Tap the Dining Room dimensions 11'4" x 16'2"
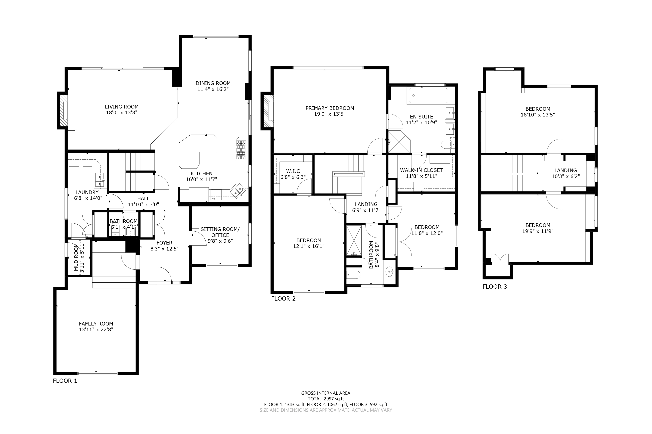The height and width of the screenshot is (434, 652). point(213,89)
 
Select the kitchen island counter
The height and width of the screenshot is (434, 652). point(198,151)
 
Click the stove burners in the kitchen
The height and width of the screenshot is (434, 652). point(241,150)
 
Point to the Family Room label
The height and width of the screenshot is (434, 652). point(96,324)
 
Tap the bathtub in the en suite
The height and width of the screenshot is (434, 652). point(428,96)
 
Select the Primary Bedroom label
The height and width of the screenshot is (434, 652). point(330,108)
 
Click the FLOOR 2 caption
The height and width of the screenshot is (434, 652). point(283,298)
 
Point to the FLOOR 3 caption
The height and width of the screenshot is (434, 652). point(495,286)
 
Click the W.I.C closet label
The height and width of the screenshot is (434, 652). point(293,171)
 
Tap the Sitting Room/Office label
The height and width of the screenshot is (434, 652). point(220,232)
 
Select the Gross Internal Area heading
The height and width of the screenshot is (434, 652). point(326,393)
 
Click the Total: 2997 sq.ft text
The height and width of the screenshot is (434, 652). point(326,399)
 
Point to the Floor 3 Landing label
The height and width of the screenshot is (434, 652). point(566,171)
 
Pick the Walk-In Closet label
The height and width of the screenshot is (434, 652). point(421,170)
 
